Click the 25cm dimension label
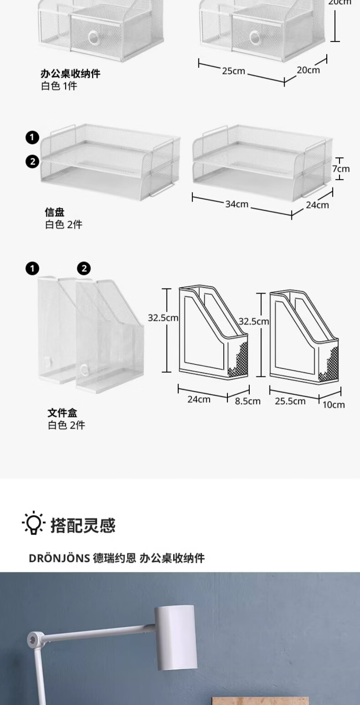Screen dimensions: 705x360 (234, 71)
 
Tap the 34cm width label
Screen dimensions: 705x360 (237, 204)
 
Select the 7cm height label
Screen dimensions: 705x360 (340, 169)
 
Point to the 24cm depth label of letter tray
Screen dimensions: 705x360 (317, 205)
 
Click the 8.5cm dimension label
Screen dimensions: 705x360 (247, 401)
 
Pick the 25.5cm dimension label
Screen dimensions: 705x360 (290, 401)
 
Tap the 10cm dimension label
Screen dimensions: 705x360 (334, 404)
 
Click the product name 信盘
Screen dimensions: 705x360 (55, 212)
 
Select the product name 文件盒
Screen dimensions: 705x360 (63, 413)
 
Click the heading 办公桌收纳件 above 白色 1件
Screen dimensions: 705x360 (70, 73)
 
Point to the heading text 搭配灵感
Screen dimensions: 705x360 (83, 525)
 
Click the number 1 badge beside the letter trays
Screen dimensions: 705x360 (32, 137)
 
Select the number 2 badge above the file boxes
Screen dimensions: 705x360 (84, 269)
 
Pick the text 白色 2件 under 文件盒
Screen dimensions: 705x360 (67, 425)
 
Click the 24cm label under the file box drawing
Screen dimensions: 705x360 (199, 399)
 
